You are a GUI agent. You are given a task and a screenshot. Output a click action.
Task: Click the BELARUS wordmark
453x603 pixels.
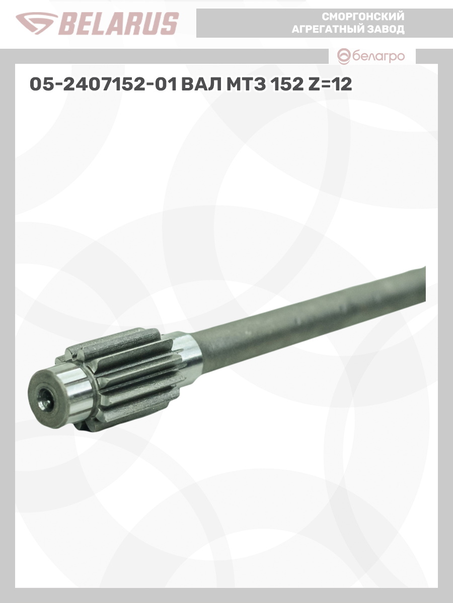(119, 24)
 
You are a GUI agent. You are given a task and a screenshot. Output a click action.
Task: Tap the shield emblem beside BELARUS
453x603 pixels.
(37, 24)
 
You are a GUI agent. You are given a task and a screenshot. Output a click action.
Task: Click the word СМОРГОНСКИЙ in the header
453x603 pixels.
(363, 17)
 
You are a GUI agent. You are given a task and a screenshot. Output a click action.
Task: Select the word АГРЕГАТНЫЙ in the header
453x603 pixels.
(331, 29)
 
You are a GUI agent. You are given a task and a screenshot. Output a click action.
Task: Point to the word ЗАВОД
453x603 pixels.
(389, 29)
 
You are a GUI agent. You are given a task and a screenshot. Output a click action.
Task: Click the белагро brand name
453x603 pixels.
(379, 57)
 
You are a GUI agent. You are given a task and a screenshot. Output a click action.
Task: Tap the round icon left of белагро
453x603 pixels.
(344, 57)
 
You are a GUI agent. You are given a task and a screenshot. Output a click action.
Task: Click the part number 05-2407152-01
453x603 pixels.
(103, 84)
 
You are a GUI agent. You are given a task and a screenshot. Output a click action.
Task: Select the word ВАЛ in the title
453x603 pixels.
(201, 84)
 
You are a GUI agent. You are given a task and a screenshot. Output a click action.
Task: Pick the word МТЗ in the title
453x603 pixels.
(246, 84)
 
